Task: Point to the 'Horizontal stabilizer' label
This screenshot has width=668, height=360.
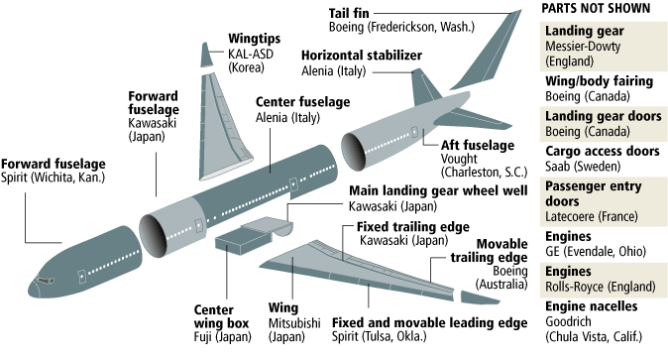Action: [x=362, y=56]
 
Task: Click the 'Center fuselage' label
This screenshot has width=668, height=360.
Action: [x=303, y=101]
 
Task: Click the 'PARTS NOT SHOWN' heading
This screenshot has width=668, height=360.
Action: [x=604, y=9]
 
